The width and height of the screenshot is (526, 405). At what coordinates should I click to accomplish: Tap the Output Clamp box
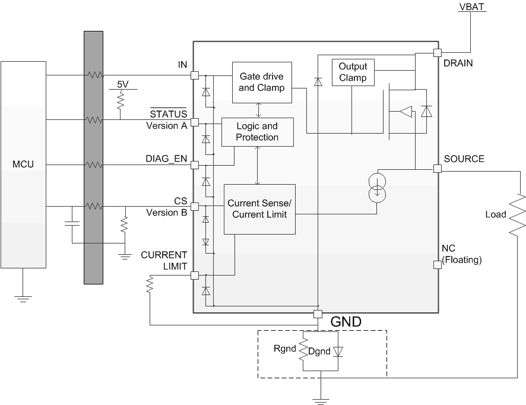point(353,72)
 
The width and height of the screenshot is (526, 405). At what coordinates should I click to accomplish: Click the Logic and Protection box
point(257,131)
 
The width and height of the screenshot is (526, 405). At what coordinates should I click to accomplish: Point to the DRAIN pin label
point(458,63)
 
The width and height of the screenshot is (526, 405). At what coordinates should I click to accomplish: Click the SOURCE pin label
point(464,159)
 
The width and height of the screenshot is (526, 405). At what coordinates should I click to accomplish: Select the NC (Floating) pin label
point(461,254)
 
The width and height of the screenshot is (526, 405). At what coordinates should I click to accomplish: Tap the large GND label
point(345,322)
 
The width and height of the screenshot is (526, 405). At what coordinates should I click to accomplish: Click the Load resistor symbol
point(518,214)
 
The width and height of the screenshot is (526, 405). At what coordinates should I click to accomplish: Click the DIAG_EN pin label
point(166,159)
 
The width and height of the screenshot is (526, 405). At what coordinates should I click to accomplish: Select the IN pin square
point(194,75)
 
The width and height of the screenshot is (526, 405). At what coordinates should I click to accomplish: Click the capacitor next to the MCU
point(71,224)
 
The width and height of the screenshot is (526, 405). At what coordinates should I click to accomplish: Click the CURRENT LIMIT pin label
point(164,260)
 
